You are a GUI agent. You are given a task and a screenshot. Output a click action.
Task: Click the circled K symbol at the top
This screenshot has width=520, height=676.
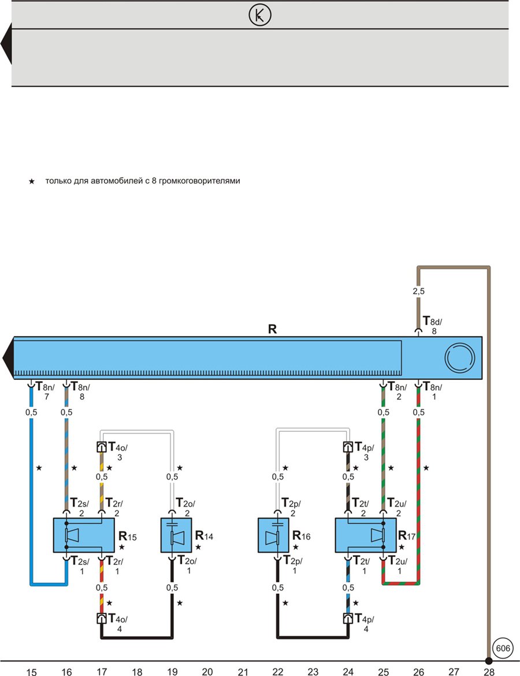(x=260, y=15)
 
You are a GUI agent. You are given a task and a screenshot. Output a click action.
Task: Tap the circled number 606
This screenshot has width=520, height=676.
(x=503, y=648)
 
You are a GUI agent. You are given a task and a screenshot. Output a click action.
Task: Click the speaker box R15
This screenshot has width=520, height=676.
(x=84, y=535)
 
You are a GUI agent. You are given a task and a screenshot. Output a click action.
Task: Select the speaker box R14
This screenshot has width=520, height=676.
(x=176, y=535)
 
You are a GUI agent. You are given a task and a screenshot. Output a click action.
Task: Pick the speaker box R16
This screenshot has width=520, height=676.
(x=273, y=535)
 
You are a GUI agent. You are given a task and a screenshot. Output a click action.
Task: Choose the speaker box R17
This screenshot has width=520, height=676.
(x=366, y=535)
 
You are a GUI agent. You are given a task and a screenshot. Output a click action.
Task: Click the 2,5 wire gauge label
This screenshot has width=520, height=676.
(x=418, y=291)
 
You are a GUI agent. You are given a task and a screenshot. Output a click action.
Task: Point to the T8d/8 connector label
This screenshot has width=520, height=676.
(x=433, y=325)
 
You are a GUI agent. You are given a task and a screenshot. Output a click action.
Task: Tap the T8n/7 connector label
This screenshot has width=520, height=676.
(x=45, y=390)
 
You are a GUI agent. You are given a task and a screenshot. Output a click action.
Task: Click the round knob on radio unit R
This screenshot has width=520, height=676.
(x=460, y=358)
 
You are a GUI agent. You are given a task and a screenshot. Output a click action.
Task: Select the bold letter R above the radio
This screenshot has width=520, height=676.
(x=272, y=329)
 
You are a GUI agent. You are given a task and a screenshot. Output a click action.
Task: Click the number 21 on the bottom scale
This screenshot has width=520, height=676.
(x=243, y=671)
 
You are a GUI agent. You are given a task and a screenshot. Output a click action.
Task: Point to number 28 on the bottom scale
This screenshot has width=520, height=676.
(x=489, y=671)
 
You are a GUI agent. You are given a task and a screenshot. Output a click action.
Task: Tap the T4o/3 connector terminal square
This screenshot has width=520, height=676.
(x=101, y=446)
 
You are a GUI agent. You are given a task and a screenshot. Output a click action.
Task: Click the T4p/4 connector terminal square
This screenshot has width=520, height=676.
(x=348, y=618)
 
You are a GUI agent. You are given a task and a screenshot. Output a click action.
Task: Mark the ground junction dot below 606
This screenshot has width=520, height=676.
(x=489, y=660)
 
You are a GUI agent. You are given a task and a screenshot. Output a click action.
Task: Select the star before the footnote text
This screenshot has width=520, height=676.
(x=31, y=182)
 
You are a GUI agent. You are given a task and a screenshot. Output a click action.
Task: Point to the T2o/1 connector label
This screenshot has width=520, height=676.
(x=186, y=565)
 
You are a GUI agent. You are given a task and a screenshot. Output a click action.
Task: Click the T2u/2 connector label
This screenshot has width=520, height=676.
(x=397, y=507)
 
